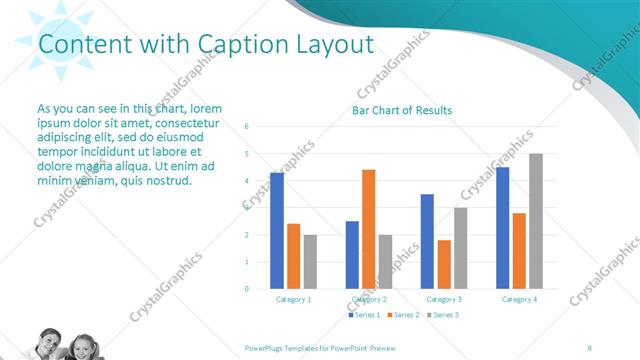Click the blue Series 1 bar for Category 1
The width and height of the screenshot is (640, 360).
tap(277, 231)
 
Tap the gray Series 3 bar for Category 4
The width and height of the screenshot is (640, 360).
tap(536, 221)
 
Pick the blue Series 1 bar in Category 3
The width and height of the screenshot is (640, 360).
tap(428, 241)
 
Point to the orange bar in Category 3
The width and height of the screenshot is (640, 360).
tap(444, 264)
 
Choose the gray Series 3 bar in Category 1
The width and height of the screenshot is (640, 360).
tap(310, 262)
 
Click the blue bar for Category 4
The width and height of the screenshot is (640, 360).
tap(502, 228)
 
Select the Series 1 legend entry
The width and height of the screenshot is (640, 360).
tap(363, 315)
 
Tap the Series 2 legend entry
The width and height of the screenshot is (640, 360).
tap(402, 315)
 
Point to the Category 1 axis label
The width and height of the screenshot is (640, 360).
tap(294, 299)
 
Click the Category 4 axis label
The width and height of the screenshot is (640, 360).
tap(519, 299)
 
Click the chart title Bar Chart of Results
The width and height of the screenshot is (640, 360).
tap(402, 110)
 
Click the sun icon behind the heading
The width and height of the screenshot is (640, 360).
tap(55, 40)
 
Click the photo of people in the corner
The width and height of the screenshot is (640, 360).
tap(66, 345)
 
